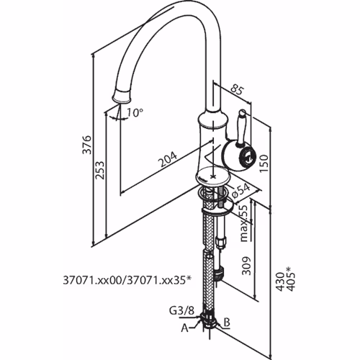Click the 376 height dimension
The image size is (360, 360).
(x=87, y=145)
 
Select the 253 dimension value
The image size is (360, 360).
(x=100, y=170)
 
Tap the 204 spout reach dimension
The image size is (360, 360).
(x=168, y=159)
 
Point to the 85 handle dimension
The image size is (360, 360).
(x=237, y=90)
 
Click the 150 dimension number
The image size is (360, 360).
(x=264, y=163)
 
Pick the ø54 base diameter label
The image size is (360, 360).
(x=241, y=191)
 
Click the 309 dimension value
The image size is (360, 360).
(x=246, y=266)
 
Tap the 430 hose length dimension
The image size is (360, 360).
(x=279, y=282)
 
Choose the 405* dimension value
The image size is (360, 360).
(x=290, y=279)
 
